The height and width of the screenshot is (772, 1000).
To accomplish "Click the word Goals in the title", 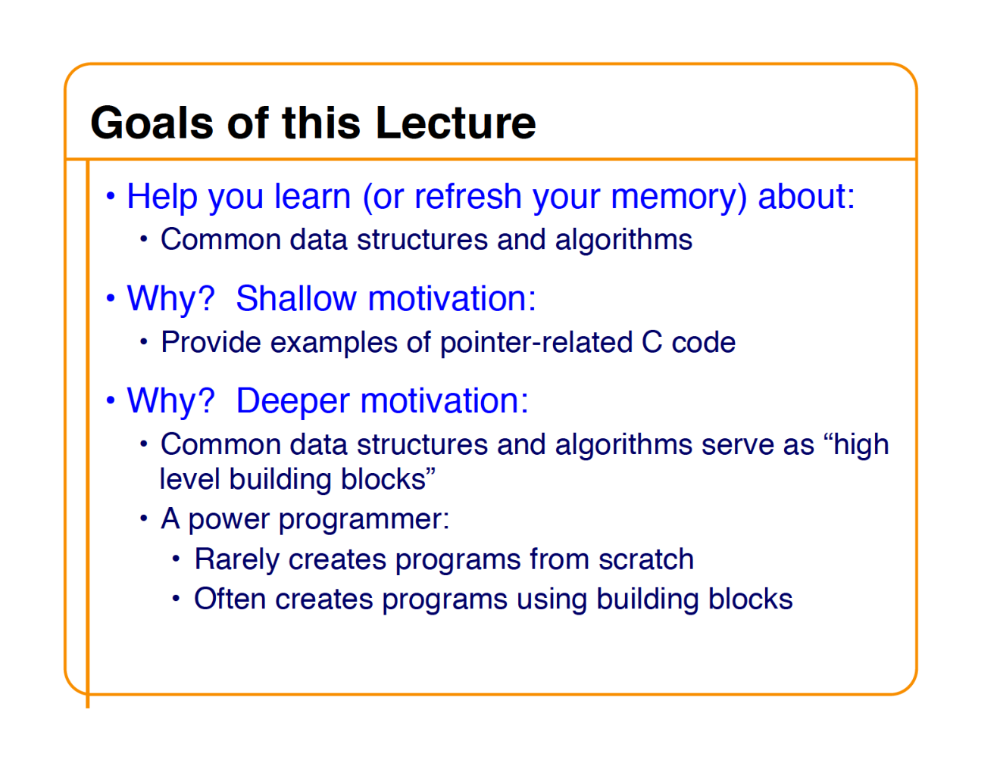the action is pyautogui.click(x=152, y=123).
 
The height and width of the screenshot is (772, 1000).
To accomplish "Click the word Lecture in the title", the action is pyautogui.click(x=455, y=123).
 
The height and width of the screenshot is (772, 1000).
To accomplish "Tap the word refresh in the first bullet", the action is pyautogui.click(x=468, y=196).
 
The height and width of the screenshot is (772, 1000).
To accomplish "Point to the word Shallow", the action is pyautogui.click(x=296, y=298).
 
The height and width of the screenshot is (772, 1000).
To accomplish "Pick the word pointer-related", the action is pyautogui.click(x=536, y=343).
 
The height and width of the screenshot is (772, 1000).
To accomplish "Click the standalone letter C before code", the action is pyautogui.click(x=652, y=343).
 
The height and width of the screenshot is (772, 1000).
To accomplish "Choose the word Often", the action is pyautogui.click(x=230, y=599).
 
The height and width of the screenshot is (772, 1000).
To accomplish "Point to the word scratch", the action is pyautogui.click(x=645, y=559).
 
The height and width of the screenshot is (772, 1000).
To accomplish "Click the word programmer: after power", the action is pyautogui.click(x=364, y=520).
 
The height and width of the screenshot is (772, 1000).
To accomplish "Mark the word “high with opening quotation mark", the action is pyautogui.click(x=855, y=445).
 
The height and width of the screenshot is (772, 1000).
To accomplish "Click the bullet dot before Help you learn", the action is pyautogui.click(x=111, y=196).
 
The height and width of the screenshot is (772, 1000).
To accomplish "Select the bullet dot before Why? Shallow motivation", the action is pyautogui.click(x=111, y=298).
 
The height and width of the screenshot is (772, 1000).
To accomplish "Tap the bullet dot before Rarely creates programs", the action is pyautogui.click(x=176, y=559).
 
